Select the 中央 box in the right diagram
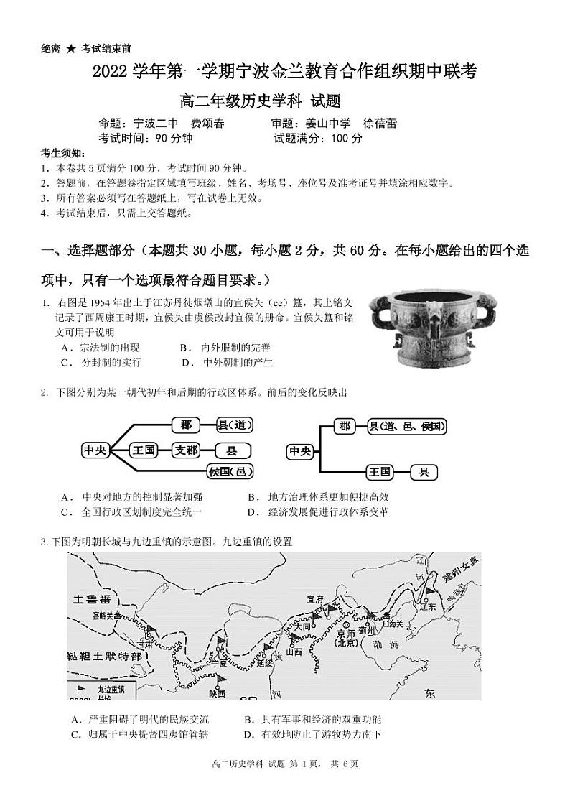click(x=300, y=451)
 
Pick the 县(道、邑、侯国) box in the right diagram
click(x=407, y=426)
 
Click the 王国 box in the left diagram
click(x=144, y=450)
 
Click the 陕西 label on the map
click(x=218, y=694)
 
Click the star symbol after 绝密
click(x=71, y=49)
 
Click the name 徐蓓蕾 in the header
click(x=380, y=124)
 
